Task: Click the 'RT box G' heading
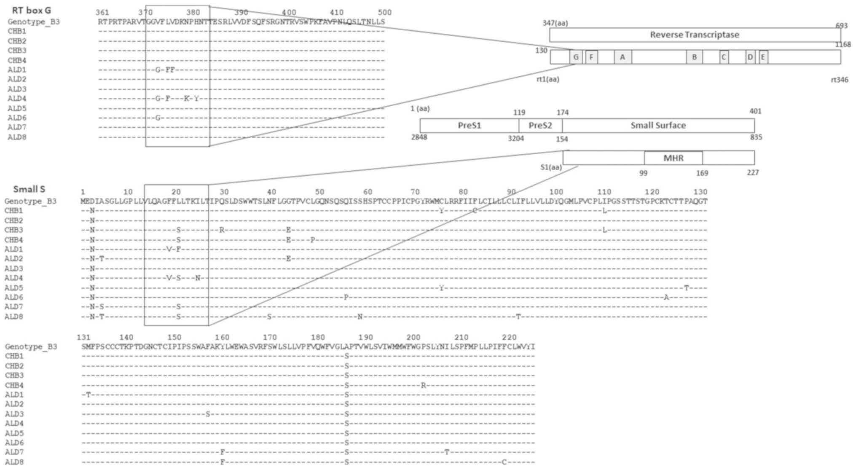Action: coord(31,11)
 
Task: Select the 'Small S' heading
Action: coord(29,189)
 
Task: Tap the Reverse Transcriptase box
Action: coord(694,35)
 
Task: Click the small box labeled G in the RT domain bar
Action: coord(576,57)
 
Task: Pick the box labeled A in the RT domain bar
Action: coord(623,57)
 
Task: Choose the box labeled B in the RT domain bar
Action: coord(694,57)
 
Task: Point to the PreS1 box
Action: coord(469,126)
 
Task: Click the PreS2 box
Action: coord(540,126)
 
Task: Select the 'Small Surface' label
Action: coord(658,126)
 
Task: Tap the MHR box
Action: coord(673,158)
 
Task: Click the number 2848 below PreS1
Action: coord(419,137)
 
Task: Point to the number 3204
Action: coord(516,138)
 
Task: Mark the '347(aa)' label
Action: coord(555,23)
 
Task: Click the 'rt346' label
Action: coord(839,80)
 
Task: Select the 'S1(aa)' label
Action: coord(551,167)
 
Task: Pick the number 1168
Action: coord(843,45)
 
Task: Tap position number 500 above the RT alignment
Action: coord(384,13)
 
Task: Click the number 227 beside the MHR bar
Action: coord(752,173)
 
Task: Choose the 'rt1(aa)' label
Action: coord(547,79)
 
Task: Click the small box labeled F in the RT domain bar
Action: coord(591,57)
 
